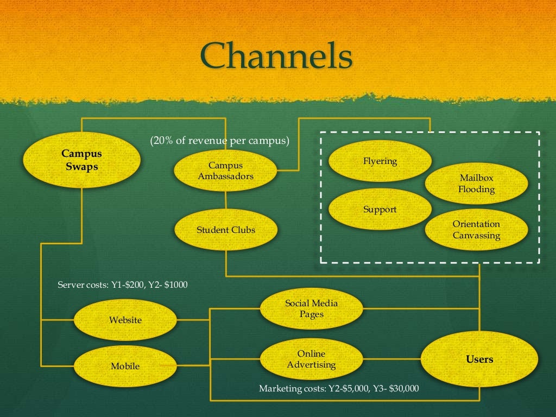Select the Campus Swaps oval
coord(81,160)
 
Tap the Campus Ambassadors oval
coord(225,170)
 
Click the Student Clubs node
coord(225,230)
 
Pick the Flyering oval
coord(380,161)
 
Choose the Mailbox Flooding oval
coord(476,184)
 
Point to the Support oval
coord(380,209)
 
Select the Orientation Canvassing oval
coord(476,230)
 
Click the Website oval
coord(125,320)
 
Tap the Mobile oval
coord(125,366)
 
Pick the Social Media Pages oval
coord(311,308)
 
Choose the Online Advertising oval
coord(311,359)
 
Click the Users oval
coord(479,359)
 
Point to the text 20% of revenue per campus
coord(219,141)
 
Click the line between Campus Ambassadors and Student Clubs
coord(226,200)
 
